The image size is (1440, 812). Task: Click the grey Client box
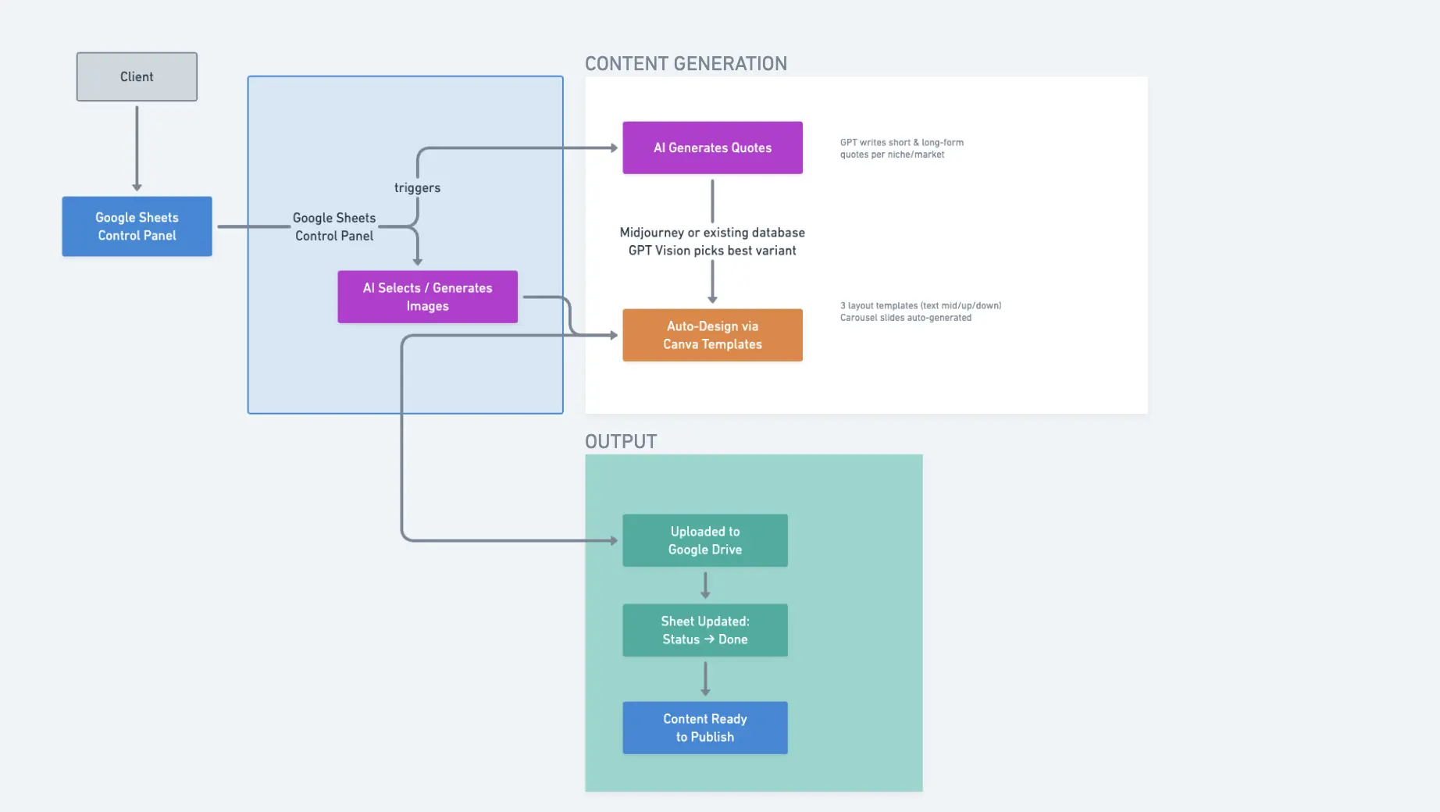[x=137, y=77]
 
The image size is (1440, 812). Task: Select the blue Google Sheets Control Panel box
[x=137, y=226]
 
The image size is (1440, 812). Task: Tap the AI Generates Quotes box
[x=712, y=148]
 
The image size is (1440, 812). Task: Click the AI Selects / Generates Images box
[x=427, y=297]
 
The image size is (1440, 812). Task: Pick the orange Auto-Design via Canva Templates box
[x=712, y=335]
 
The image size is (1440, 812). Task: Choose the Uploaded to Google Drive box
[x=704, y=540]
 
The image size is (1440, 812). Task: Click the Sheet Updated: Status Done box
[x=704, y=630]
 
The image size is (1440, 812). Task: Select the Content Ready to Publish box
[x=704, y=728]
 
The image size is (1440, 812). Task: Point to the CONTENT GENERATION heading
[x=686, y=64]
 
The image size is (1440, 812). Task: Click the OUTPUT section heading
[x=621, y=442]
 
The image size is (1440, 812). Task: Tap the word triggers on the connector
[x=417, y=187]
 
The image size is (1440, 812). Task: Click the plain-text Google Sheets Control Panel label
[x=334, y=226]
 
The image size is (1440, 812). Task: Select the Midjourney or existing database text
[x=712, y=233]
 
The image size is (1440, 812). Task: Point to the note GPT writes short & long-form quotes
[x=901, y=148]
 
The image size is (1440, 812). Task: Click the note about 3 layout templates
[x=920, y=312]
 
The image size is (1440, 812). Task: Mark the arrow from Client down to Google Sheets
[x=137, y=148]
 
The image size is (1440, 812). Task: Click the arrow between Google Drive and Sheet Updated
[x=705, y=586]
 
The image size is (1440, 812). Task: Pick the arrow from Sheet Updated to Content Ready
[x=705, y=678]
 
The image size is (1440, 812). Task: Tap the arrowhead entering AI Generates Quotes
[x=614, y=148]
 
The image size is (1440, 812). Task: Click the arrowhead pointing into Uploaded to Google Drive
[x=614, y=540]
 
